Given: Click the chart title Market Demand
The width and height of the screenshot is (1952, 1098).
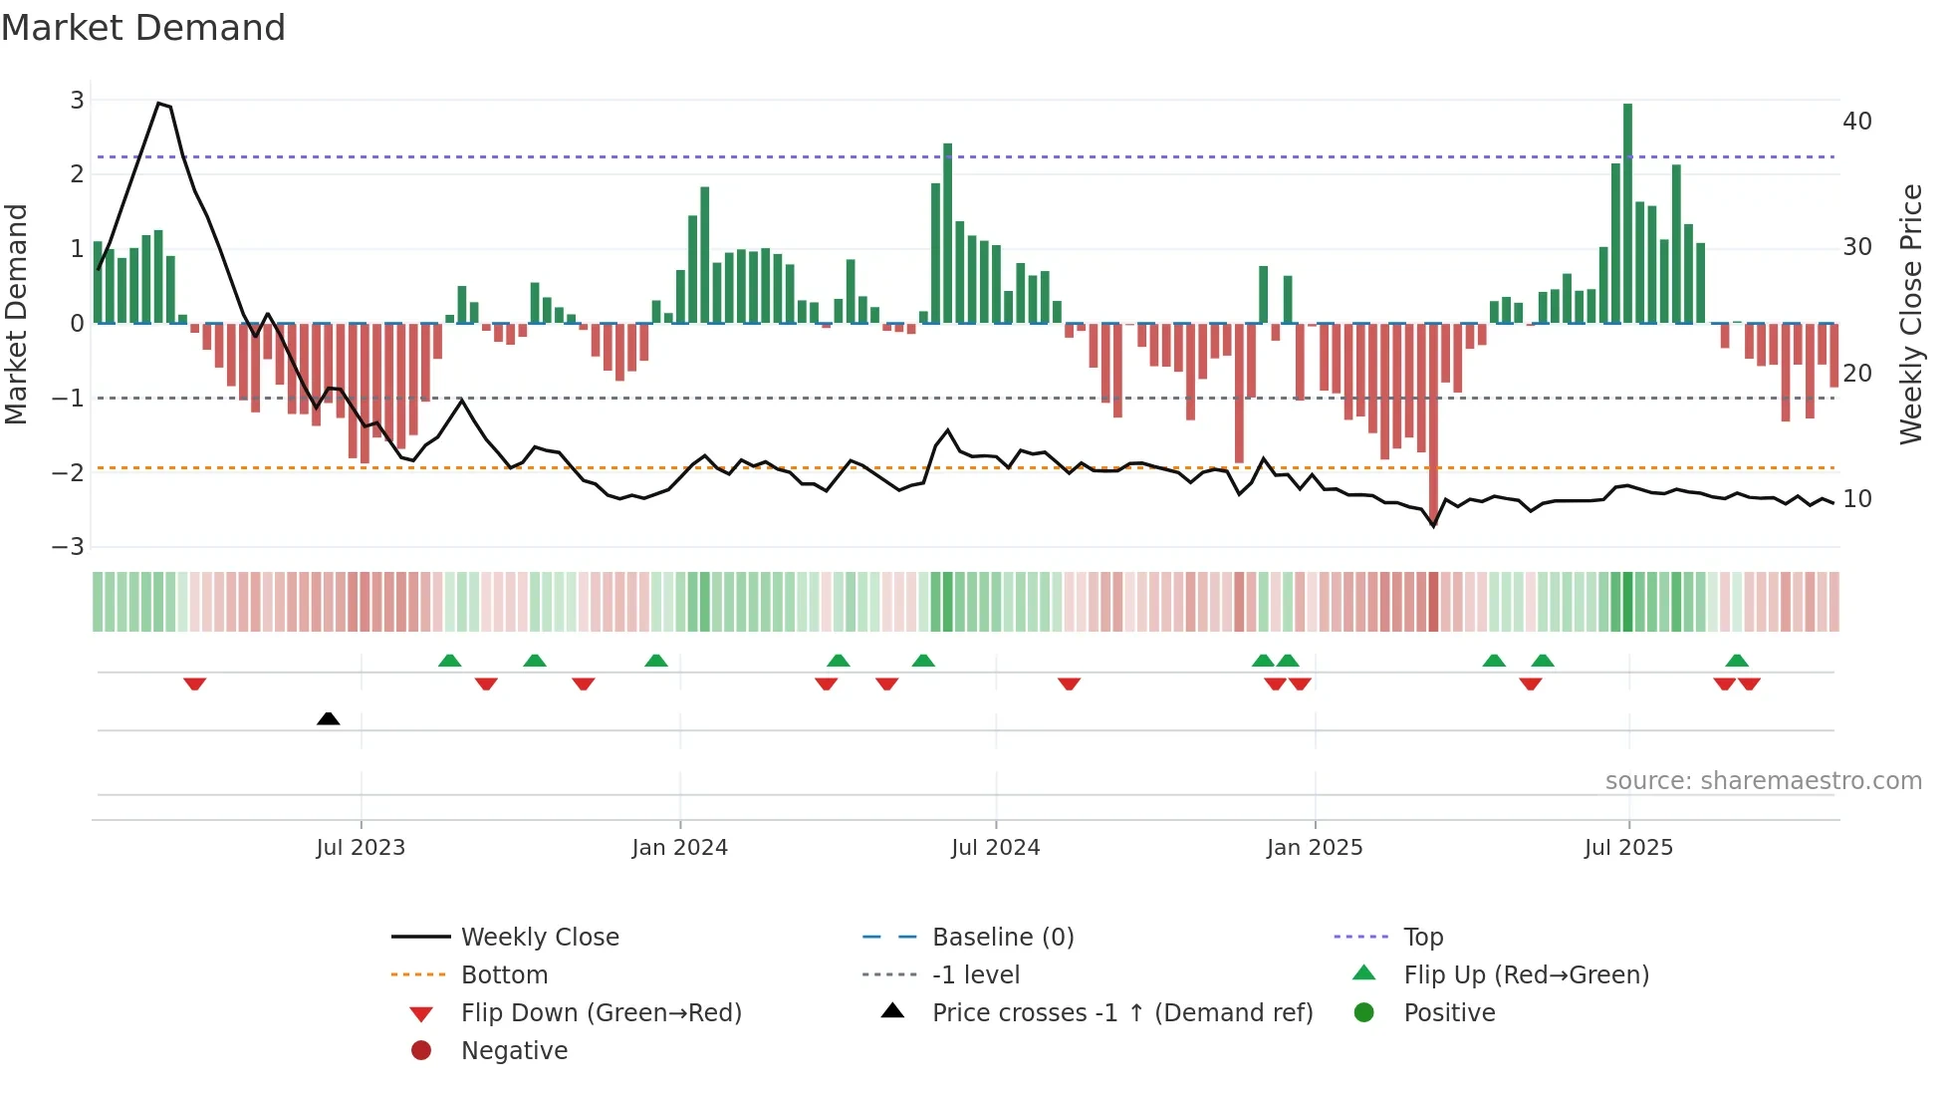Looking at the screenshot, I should coord(143,28).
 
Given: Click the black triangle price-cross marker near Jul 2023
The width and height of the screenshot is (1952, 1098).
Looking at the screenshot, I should coord(328,718).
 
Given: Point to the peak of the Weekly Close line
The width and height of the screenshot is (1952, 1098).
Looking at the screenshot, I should coord(158,104).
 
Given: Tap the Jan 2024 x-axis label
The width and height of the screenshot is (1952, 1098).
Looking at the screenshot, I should coord(679,848).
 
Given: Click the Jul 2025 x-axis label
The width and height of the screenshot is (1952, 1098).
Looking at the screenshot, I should coord(1628,848).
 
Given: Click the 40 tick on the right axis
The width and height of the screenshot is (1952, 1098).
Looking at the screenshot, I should coord(1857,122).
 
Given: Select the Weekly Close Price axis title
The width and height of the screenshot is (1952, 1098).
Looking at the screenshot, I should coord(1910,314).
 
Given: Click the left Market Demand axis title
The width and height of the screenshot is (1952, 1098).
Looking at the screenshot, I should coord(17,314).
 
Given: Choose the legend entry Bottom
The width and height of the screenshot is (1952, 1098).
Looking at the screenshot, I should coord(504,975).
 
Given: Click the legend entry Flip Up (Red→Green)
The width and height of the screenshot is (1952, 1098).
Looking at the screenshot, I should coord(1526,975).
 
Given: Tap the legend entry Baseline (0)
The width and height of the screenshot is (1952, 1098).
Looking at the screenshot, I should coord(1002,938).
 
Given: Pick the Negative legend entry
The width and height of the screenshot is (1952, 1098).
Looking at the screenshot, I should coord(514,1051).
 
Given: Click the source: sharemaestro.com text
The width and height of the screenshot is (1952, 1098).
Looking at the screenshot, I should coord(1763,781).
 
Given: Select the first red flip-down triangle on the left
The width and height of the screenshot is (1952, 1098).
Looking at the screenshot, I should coord(195,684).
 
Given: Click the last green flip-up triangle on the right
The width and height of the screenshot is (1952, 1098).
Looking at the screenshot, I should coord(1737,661).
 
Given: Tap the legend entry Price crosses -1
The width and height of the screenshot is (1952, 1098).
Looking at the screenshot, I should coord(1121,1013).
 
